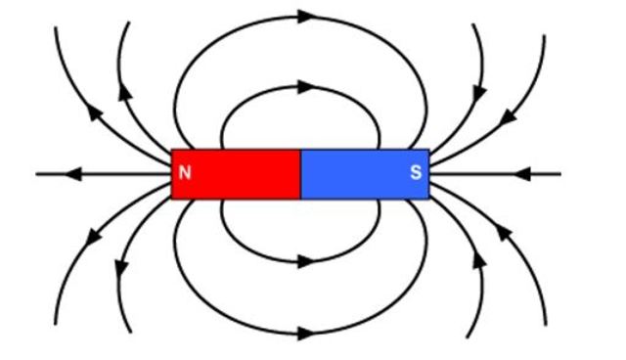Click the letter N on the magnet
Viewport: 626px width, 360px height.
click(185, 174)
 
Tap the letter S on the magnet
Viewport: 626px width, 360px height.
click(416, 174)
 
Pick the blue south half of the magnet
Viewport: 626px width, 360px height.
click(364, 174)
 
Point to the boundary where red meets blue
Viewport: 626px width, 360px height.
click(300, 174)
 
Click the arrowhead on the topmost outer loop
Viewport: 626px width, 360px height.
click(306, 16)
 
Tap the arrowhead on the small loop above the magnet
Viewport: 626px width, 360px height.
click(305, 86)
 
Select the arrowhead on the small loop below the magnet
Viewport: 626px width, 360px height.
click(305, 261)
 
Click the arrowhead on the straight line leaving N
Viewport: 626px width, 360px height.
click(72, 174)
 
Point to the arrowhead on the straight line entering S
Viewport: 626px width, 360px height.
click(523, 174)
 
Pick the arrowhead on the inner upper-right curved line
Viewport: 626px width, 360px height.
click(479, 90)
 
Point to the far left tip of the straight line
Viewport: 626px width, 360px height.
click(37, 174)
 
